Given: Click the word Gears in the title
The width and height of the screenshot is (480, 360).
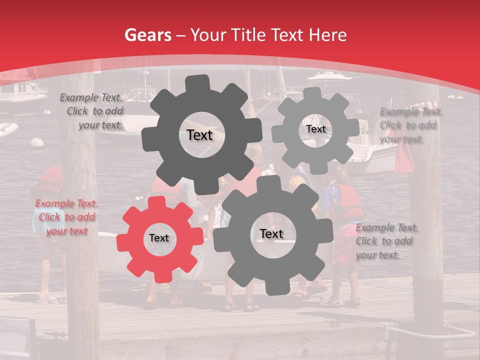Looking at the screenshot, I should [x=147, y=35].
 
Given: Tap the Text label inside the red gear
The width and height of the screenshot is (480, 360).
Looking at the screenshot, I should [x=158, y=238].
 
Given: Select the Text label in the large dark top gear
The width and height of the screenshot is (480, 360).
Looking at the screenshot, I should [x=199, y=135].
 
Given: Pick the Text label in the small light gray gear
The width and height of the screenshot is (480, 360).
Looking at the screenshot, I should [x=315, y=129].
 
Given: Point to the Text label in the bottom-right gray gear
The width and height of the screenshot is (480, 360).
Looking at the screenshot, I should [x=271, y=233].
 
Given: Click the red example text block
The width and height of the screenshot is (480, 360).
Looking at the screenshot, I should [x=67, y=217].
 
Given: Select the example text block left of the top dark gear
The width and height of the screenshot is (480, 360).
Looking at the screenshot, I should [x=92, y=111].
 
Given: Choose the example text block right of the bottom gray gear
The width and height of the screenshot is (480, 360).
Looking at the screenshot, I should [x=386, y=241].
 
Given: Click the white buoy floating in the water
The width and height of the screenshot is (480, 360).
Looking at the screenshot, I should [x=37, y=142].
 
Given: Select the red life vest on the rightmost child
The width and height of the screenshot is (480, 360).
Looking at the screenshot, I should [x=348, y=202].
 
